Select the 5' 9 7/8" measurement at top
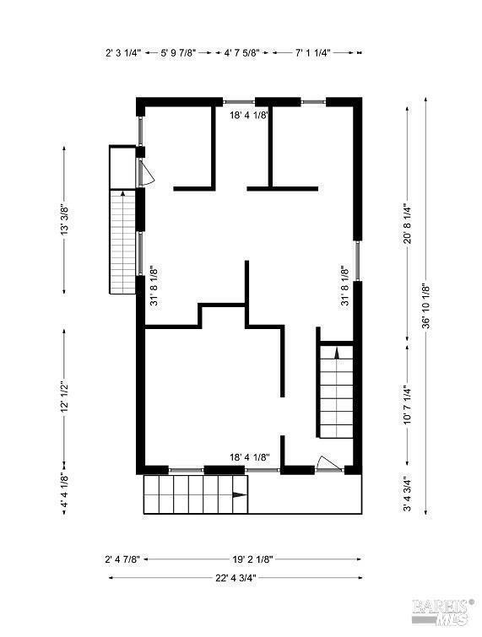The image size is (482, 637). pos(179,52)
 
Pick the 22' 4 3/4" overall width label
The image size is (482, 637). pos(236,578)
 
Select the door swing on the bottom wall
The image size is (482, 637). pos(327,462)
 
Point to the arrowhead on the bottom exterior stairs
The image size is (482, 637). pos(240,494)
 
